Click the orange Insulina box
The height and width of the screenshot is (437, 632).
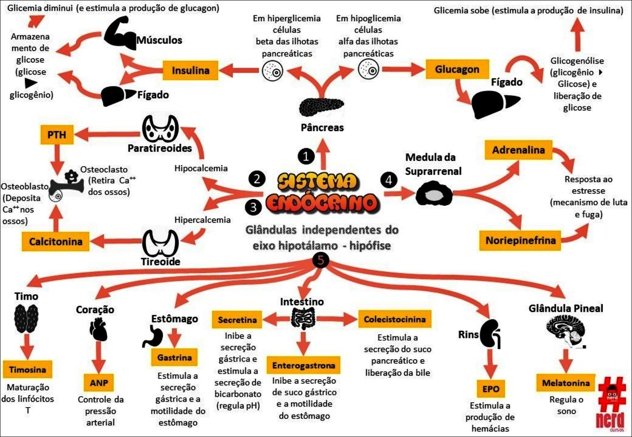coord(190,70)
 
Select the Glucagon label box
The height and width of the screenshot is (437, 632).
coord(457,69)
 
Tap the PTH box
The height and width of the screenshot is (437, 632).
coord(56,135)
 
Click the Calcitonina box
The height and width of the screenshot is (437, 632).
coord(56,242)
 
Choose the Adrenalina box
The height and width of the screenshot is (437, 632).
coord(518,150)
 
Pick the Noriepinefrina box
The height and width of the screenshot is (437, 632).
coord(520,240)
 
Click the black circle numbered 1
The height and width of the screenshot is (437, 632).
coord(306,157)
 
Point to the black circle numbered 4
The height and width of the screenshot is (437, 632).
coord(388,180)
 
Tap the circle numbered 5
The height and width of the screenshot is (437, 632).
coord(321,260)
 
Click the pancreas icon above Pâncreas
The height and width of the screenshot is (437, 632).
coord(321,107)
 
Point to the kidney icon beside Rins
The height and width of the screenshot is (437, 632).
coord(491,334)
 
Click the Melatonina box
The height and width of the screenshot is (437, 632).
coord(565,383)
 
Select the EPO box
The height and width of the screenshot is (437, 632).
coord(491,389)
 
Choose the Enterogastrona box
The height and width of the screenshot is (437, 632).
coord(303,365)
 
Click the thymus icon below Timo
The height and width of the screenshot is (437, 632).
coord(26,319)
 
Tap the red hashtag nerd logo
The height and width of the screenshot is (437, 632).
coord(611,404)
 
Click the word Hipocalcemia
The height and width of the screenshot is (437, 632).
coord(201,168)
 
